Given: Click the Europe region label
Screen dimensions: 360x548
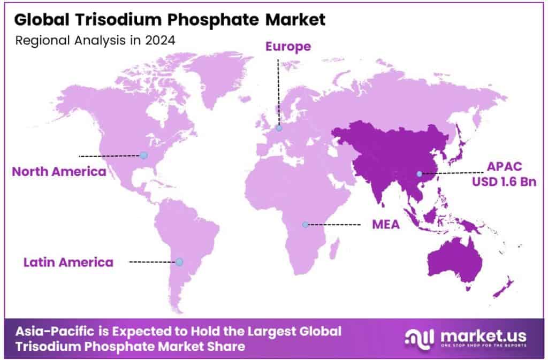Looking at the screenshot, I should point(288,47).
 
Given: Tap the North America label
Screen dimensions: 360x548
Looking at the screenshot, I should point(58,172).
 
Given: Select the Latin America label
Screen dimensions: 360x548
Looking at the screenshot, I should point(68,262).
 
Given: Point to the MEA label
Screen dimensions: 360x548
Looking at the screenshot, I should point(386,225).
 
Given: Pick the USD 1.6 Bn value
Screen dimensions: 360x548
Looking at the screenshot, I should point(504,182).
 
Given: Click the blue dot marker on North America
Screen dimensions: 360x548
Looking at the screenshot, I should point(143,156).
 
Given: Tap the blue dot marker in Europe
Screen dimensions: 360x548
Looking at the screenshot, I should point(279,128).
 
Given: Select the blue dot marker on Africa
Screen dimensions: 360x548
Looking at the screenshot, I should point(305,225).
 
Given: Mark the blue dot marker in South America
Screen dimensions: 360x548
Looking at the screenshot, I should point(179,262).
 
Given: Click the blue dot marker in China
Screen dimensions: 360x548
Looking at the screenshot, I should point(420,173).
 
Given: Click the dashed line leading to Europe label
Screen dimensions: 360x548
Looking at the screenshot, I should point(278,91).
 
